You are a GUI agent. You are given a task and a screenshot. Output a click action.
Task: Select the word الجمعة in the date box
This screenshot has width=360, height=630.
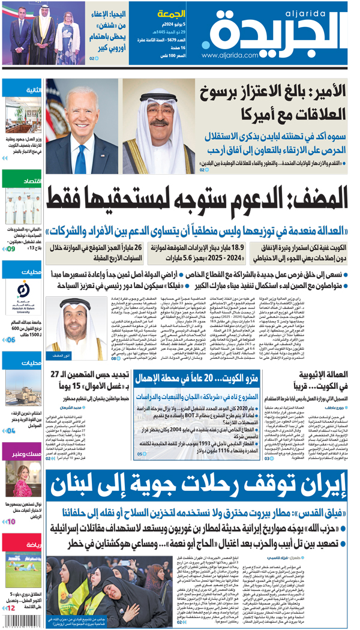point(170,13)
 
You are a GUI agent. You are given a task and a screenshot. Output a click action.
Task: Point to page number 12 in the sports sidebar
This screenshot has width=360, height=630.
point(10,608)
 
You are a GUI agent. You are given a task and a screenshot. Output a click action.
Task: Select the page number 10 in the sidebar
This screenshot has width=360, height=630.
point(11,521)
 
